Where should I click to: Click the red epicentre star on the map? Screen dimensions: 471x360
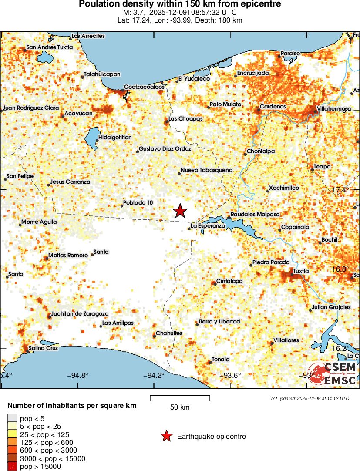tap(180, 211)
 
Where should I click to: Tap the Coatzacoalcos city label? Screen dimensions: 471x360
tap(144, 87)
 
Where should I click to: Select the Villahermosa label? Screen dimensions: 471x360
tap(334, 108)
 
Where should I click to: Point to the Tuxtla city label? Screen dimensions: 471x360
tap(301, 271)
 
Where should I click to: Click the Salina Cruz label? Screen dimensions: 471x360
tap(43, 348)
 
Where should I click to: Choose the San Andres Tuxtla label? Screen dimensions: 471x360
tap(50, 47)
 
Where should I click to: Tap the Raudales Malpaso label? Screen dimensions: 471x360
tap(255, 215)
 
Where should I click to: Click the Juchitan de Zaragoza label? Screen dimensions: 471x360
tap(80, 313)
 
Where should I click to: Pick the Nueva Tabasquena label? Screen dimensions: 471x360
tap(206, 170)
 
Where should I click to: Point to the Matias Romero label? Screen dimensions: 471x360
tap(68, 255)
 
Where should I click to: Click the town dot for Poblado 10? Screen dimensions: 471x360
tap(122, 205)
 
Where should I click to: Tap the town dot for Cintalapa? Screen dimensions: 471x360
tap(213, 283)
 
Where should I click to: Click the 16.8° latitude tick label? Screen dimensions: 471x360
tap(340, 269)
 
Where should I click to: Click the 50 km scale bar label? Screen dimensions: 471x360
tap(180, 407)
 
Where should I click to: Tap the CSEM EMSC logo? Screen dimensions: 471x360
tap(333, 374)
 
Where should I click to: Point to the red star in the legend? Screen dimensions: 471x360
tap(166, 436)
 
